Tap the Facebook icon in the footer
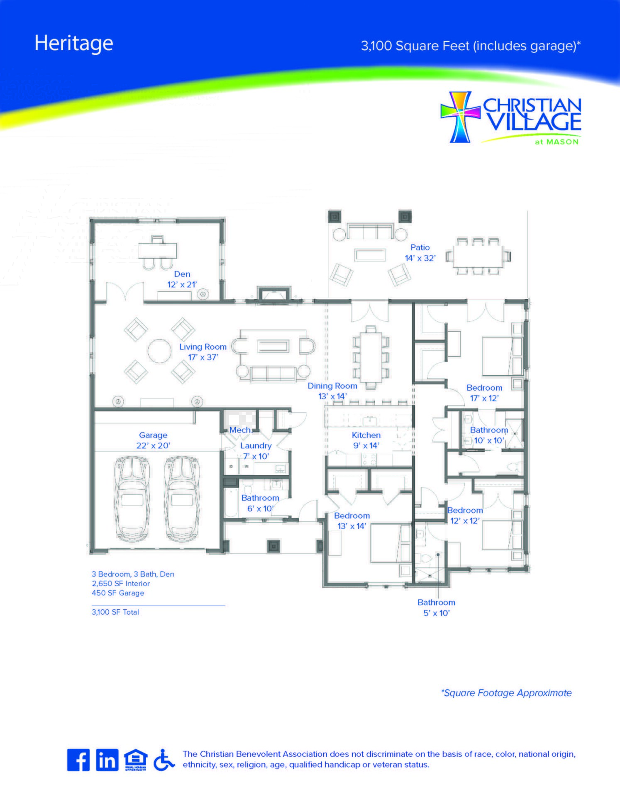coord(78,760)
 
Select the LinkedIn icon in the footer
coord(107,760)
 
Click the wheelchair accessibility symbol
coord(164,760)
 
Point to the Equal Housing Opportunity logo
coord(136,760)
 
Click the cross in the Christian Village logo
coord(460,117)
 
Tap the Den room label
coord(182,279)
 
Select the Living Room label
coord(203,352)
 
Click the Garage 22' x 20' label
coord(153,440)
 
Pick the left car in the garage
coord(132,499)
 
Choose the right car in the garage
coord(182,499)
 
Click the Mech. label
coord(241,430)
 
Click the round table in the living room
coord(159,351)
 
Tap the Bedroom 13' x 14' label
coord(352,521)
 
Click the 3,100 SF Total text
coord(115,612)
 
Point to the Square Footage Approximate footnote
coord(506,693)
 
